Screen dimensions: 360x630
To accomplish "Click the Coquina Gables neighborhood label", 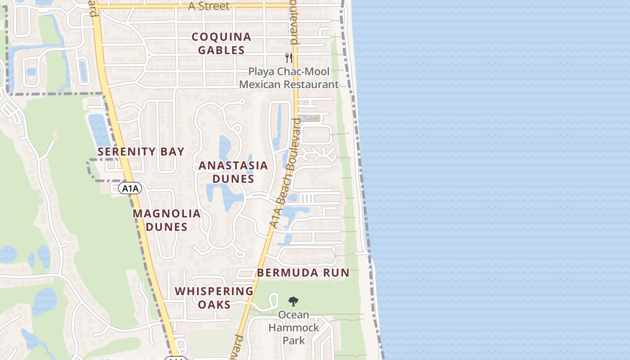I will tap(221, 43).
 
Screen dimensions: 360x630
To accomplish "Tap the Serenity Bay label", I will tap(141, 152).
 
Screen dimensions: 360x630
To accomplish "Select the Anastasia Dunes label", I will tap(233, 172).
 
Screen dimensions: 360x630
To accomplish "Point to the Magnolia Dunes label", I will tap(166, 220).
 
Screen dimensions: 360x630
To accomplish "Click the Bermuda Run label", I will tap(303, 273).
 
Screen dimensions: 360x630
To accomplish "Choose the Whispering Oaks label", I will tap(214, 297).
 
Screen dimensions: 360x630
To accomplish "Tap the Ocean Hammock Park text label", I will tap(293, 328).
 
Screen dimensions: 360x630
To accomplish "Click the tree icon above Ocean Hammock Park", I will tap(293, 301).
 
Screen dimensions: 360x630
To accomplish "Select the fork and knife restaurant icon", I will tap(289, 58).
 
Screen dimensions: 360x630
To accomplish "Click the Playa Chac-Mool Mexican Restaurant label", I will tap(289, 78).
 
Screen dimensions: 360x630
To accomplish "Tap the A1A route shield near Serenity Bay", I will tap(130, 188).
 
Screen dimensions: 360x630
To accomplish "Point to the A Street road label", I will tap(208, 6).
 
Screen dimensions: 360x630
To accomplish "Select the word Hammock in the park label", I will tap(293, 328).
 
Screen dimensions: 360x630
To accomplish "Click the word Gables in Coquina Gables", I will tap(221, 50).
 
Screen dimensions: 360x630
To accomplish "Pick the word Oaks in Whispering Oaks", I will tap(214, 305).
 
